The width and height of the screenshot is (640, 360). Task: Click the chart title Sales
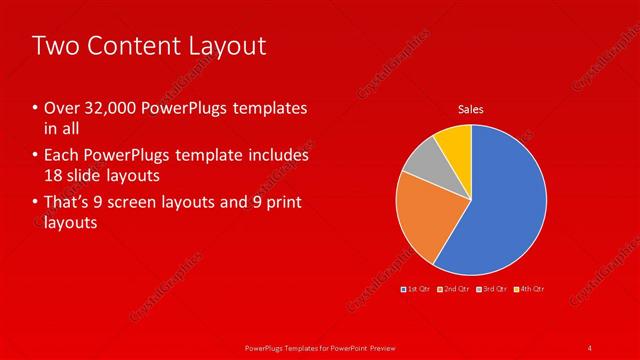(x=471, y=108)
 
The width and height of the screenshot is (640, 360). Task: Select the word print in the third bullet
(x=278, y=203)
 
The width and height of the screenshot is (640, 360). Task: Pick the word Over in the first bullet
(x=59, y=107)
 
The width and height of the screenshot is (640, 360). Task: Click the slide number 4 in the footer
(x=590, y=347)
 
